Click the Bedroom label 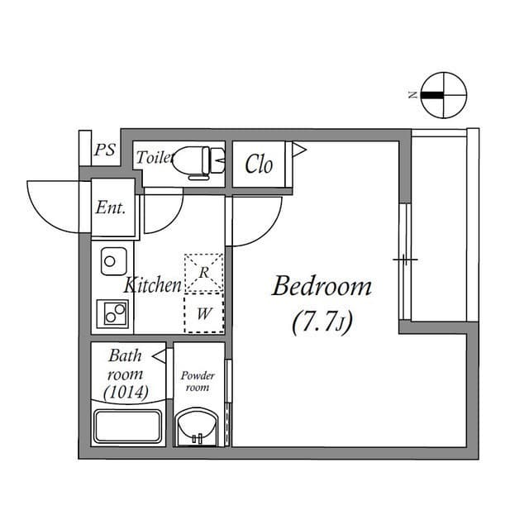[x=322, y=287]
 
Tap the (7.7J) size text [x=322, y=322]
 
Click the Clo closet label [x=259, y=164]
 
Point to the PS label [x=105, y=150]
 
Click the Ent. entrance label [x=111, y=207]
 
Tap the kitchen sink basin [x=114, y=261]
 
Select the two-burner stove [x=112, y=314]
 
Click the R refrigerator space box [x=203, y=273]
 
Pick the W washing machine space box [x=204, y=313]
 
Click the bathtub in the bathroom [x=127, y=427]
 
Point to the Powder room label [x=198, y=381]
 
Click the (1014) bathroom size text [x=126, y=393]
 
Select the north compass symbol [x=444, y=95]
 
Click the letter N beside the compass [x=412, y=95]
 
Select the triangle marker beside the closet [x=299, y=149]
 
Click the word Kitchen [x=153, y=285]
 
